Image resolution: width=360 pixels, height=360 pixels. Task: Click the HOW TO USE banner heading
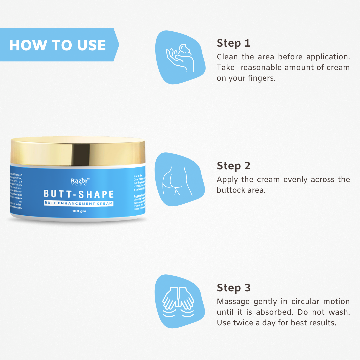tap(58, 45)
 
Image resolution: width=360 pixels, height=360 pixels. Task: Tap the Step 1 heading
tap(233, 43)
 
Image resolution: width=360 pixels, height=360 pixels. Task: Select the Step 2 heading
tap(233, 166)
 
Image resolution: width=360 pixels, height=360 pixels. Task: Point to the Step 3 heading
tap(233, 288)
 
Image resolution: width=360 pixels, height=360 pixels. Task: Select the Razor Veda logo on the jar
tap(79, 182)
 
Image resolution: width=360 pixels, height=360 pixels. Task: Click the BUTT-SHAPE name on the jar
tap(79, 194)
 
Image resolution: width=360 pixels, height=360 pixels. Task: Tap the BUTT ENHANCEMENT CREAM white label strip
tap(79, 203)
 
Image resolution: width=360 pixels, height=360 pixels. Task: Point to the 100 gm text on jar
tap(79, 211)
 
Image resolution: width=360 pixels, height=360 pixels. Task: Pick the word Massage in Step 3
tap(233, 302)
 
